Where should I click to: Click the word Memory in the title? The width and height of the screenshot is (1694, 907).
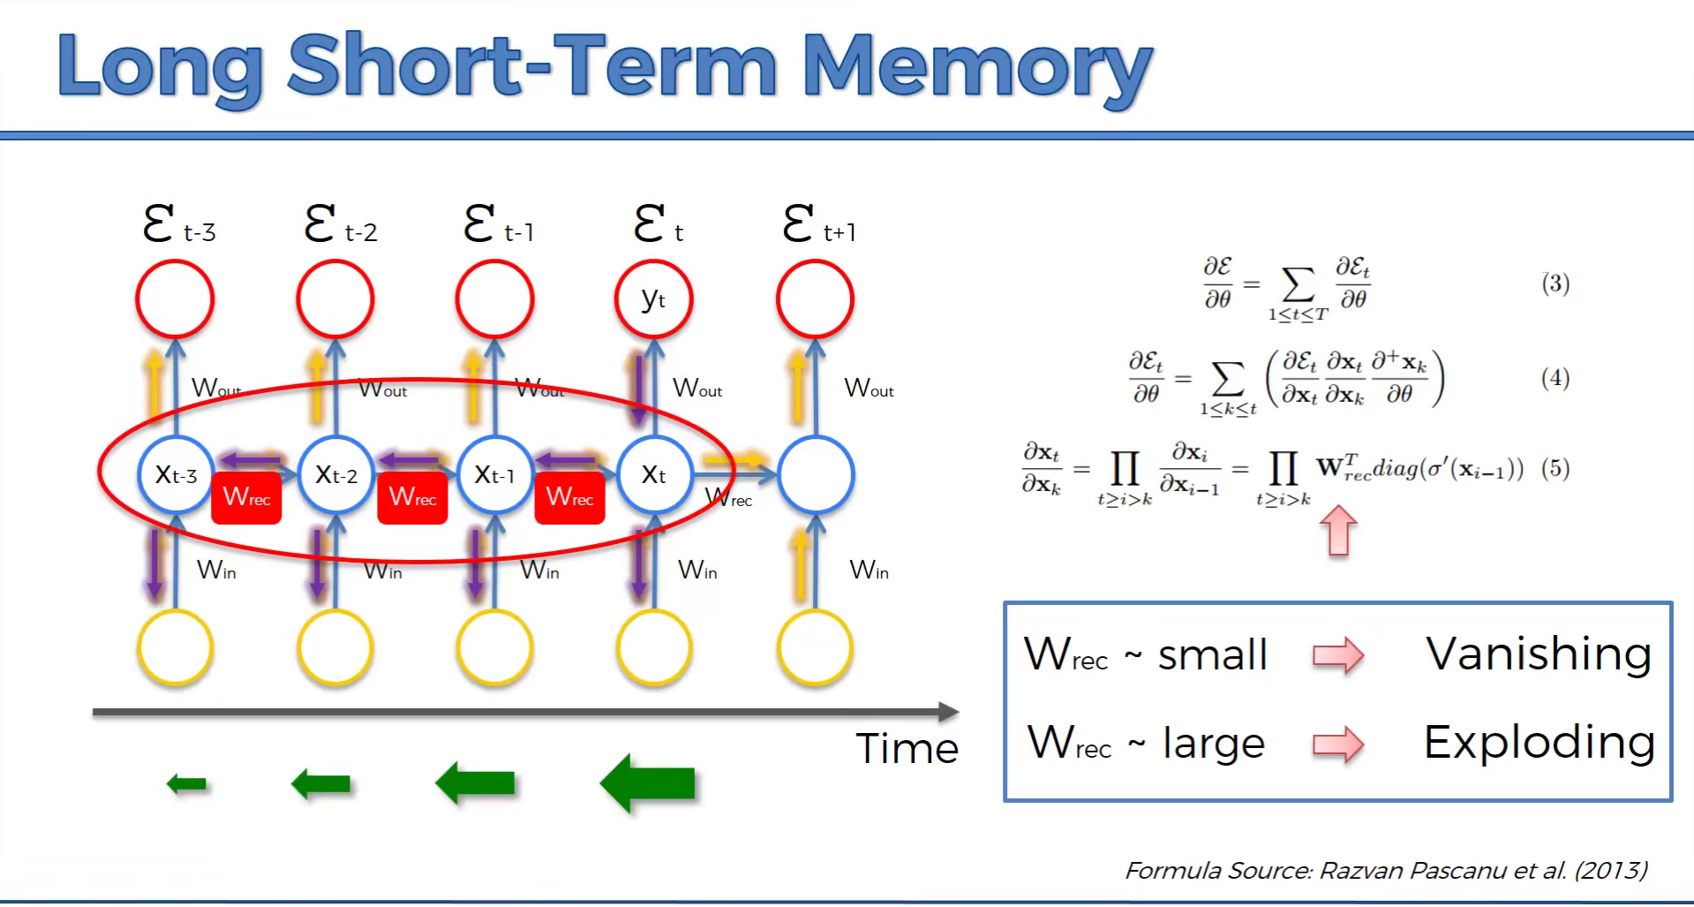click(976, 66)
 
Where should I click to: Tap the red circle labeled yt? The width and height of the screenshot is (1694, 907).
click(653, 299)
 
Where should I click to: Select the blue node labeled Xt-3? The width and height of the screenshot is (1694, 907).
click(176, 475)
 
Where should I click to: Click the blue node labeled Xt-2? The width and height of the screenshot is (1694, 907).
click(335, 475)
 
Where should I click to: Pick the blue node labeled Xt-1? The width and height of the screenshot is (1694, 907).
click(494, 475)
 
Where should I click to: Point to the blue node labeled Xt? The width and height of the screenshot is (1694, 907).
click(654, 475)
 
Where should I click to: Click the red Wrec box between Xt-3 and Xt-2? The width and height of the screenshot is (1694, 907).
click(246, 497)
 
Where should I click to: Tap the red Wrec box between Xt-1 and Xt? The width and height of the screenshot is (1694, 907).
click(569, 497)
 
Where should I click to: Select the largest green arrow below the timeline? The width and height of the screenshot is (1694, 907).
click(648, 783)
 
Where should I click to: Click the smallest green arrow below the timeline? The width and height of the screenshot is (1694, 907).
click(187, 783)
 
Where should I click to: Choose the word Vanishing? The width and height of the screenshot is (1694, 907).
click(1538, 654)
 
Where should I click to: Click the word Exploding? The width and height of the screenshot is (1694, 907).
click(1539, 743)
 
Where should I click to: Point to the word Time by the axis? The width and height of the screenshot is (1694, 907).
click(907, 749)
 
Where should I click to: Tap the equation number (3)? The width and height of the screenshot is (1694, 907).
click(1555, 283)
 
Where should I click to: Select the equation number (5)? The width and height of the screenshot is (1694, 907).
click(1555, 468)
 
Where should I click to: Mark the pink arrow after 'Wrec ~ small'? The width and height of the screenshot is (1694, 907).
click(1338, 655)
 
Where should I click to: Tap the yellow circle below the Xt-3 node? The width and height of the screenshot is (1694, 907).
click(176, 647)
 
